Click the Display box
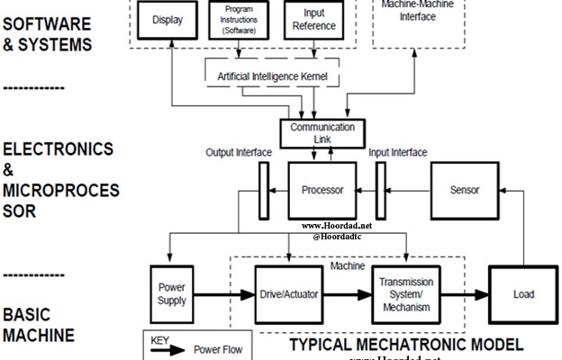click(x=167, y=20)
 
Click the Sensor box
click(x=464, y=191)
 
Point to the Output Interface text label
click(x=239, y=152)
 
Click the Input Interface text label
click(x=398, y=152)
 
